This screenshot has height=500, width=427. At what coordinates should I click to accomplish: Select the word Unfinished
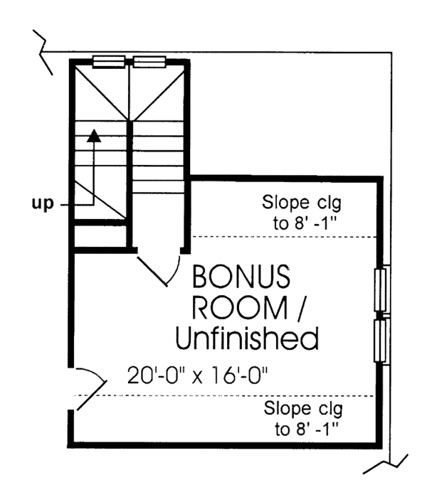(246, 339)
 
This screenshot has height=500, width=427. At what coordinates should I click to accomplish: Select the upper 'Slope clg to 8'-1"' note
(302, 211)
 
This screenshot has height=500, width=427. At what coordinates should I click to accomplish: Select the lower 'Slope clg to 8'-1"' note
(303, 419)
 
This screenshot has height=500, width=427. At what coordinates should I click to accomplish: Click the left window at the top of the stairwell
(108, 61)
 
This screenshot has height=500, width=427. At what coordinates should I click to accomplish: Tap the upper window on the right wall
(382, 289)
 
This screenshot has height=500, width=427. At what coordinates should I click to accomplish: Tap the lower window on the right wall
(382, 342)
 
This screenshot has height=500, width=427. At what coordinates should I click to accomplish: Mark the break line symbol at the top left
(43, 51)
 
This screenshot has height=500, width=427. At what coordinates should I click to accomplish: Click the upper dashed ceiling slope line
(285, 236)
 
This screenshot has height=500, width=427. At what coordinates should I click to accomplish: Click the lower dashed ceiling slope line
(235, 396)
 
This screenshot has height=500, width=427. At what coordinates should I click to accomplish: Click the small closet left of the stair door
(100, 237)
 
